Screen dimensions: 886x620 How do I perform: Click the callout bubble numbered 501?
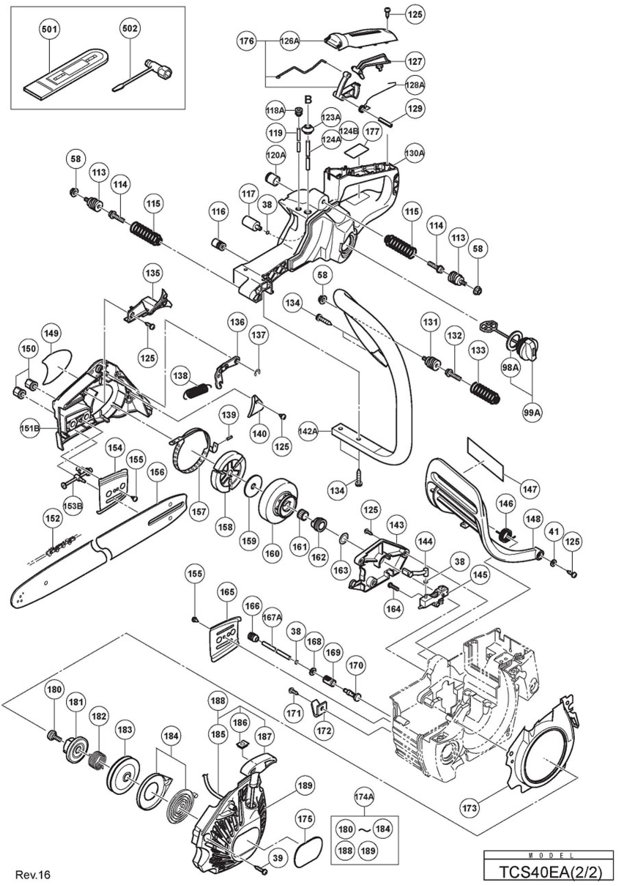point(50,29)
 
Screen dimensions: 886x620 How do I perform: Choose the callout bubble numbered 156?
point(158,472)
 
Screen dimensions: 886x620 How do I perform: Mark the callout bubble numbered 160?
point(272,553)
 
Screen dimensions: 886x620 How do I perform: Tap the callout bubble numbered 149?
point(52,333)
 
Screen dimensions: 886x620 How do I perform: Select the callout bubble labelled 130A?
point(414,153)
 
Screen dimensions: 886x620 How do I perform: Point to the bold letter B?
point(308,100)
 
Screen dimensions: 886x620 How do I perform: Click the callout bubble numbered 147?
point(530,489)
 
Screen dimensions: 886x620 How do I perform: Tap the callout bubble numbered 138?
point(181,375)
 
